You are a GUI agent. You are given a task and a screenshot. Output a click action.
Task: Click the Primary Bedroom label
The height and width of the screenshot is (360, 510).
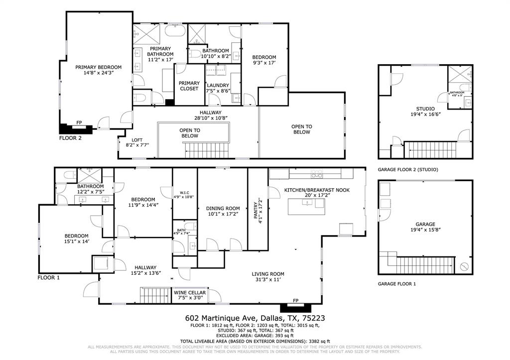click(98, 67)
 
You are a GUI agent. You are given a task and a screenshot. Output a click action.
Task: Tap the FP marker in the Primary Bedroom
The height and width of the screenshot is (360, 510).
click(79, 122)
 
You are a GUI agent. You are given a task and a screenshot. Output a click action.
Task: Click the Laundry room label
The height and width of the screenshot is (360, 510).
click(217, 85)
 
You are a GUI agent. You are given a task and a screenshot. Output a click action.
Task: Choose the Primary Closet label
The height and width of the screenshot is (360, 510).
click(189, 86)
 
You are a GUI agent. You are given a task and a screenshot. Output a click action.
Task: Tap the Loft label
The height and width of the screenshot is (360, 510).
click(137, 140)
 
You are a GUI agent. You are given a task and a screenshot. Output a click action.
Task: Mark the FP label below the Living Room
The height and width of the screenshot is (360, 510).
click(295, 301)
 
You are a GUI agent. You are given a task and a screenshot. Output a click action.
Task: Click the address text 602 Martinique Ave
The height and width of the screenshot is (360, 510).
click(220, 318)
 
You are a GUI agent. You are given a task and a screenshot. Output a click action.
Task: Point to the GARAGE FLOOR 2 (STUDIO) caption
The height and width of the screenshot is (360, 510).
click(408, 170)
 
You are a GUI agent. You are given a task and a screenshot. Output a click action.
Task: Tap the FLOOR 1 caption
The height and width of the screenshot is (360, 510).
click(49, 278)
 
